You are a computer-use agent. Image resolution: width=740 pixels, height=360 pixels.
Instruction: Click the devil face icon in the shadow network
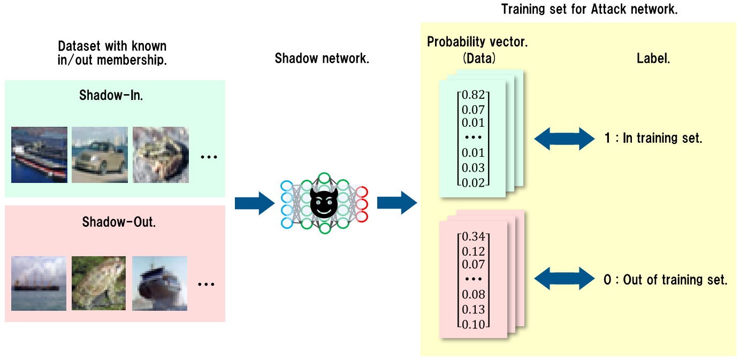[324, 204]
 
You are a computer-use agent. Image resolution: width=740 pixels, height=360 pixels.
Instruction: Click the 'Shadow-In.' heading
[111, 96]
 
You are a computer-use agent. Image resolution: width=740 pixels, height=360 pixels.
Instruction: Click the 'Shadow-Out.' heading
[119, 221]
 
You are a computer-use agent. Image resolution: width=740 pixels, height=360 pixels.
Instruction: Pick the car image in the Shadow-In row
[100, 155]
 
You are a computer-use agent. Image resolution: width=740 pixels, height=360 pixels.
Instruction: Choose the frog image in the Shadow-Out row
[100, 284]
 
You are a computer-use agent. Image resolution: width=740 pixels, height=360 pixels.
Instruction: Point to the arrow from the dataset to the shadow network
[254, 203]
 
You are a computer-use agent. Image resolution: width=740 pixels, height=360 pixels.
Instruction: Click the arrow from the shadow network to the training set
[396, 203]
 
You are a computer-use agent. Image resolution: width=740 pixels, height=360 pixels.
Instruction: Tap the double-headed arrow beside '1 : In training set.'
[564, 139]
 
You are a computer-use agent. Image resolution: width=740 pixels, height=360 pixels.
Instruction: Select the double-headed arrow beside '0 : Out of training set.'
[564, 279]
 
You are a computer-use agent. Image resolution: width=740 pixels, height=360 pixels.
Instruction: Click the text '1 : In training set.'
[653, 139]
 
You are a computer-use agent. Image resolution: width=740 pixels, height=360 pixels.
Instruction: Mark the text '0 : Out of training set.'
[665, 280]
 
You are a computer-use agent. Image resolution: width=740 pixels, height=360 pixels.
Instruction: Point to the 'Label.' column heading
[653, 59]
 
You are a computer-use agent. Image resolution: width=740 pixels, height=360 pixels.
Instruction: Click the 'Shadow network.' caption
[322, 58]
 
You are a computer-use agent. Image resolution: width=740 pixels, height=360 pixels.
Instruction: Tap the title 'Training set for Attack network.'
[589, 9]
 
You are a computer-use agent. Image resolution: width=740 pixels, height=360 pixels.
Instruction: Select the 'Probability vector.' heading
[477, 42]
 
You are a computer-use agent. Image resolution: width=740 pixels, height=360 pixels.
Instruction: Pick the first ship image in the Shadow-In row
[39, 155]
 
